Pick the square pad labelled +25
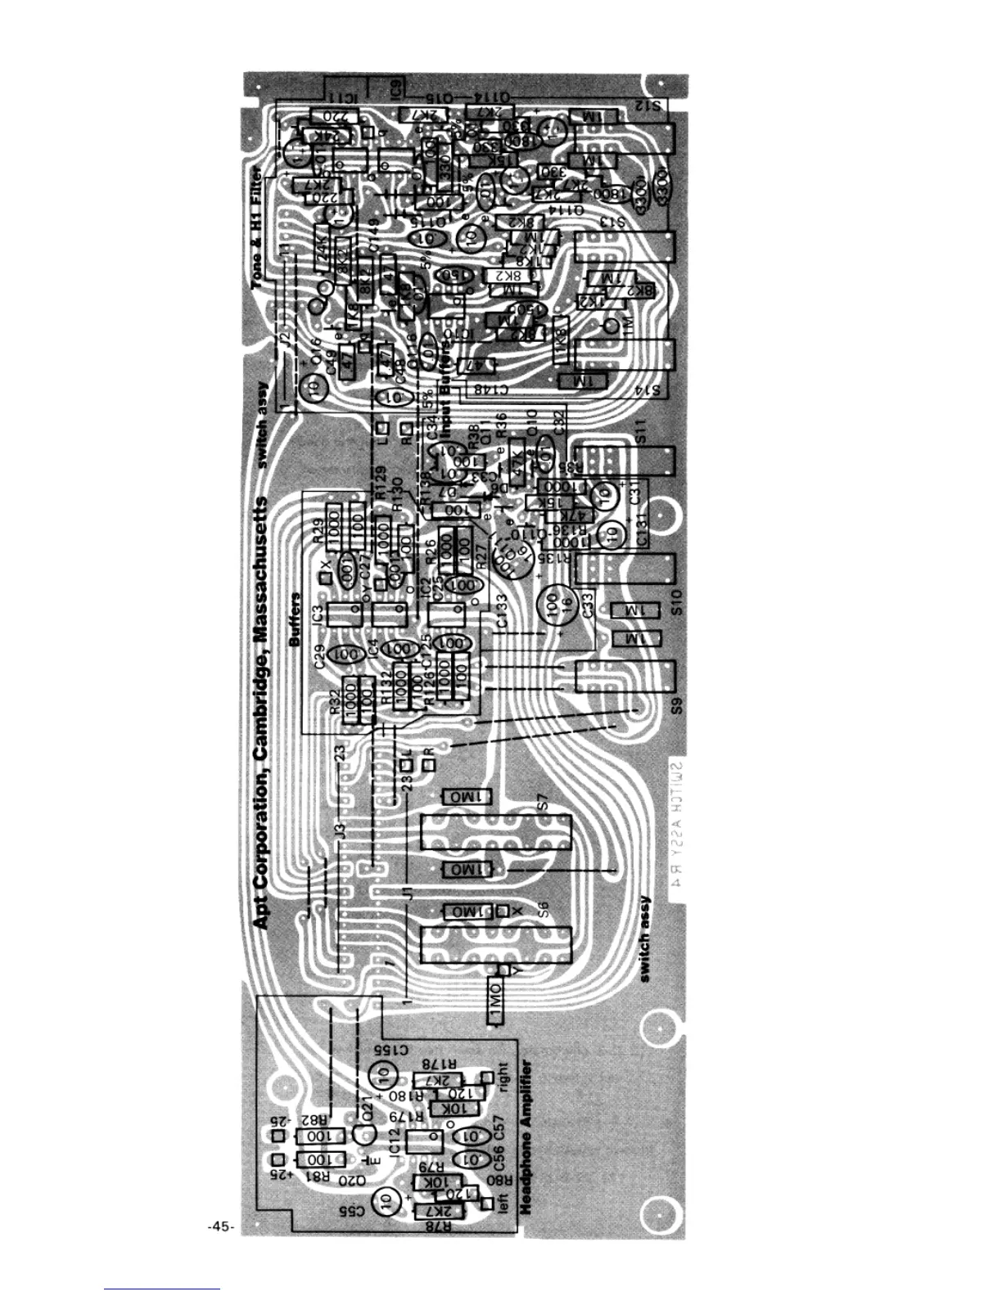(x=278, y=1160)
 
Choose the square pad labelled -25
(x=278, y=1136)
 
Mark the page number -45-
(x=221, y=1226)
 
